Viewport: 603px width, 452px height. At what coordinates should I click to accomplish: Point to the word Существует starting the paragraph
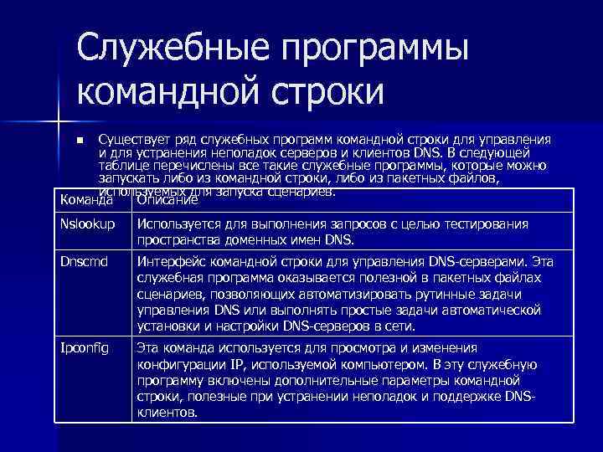[132, 139]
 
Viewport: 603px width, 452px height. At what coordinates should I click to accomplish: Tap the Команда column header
[88, 200]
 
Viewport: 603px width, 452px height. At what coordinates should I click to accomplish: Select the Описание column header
[167, 200]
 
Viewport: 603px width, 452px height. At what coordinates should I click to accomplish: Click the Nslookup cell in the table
[85, 224]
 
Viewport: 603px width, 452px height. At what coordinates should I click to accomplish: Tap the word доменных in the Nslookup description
[247, 240]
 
